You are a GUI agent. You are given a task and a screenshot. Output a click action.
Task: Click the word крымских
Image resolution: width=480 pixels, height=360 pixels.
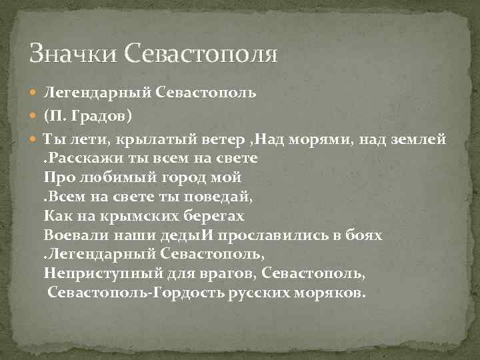(x=139, y=217)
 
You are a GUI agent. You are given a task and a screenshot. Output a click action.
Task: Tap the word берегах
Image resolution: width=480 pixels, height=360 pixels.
(x=214, y=217)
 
